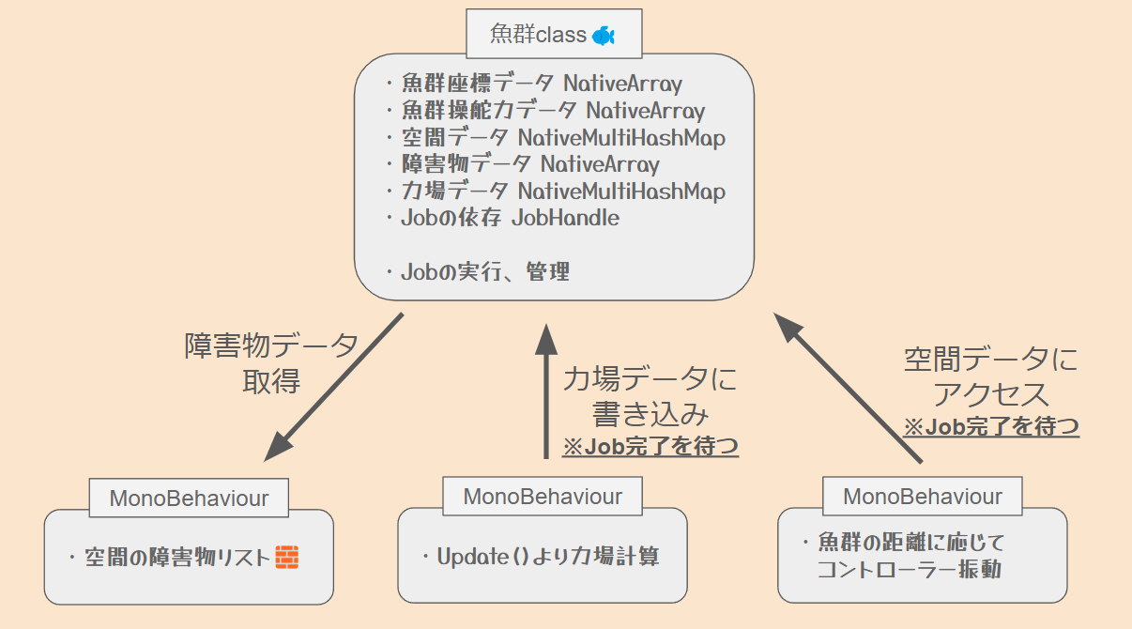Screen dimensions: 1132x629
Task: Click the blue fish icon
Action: pyautogui.click(x=603, y=36)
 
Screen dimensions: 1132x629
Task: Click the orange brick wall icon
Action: pyautogui.click(x=287, y=558)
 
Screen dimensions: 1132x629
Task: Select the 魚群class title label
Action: pyautogui.click(x=538, y=35)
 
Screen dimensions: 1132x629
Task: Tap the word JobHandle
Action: pyautogui.click(x=565, y=218)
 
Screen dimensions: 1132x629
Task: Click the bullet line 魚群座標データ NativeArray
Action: pyautogui.click(x=534, y=84)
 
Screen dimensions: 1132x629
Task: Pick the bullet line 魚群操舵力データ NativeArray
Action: pyautogui.click(x=545, y=110)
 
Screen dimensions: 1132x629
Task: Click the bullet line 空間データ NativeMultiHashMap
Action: pyautogui.click(x=556, y=137)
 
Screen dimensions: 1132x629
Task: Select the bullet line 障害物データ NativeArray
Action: pyautogui.click(x=523, y=164)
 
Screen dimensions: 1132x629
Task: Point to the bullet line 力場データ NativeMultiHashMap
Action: pyautogui.click(x=556, y=192)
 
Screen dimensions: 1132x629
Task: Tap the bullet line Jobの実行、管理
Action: pyautogui.click(x=478, y=272)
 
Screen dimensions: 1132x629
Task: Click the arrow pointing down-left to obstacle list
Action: pyautogui.click(x=333, y=388)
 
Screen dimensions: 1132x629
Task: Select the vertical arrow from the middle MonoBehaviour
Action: pyautogui.click(x=546, y=391)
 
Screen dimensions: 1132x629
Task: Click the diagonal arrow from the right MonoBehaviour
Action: pyautogui.click(x=848, y=388)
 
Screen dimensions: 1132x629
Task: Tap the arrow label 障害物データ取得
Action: pyautogui.click(x=271, y=363)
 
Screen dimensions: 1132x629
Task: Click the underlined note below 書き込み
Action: pyautogui.click(x=650, y=446)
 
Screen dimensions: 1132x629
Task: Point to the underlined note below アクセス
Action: pyautogui.click(x=991, y=426)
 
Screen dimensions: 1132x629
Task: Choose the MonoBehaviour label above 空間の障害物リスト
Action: pyautogui.click(x=189, y=499)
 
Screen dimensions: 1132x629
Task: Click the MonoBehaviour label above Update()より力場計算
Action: pyautogui.click(x=543, y=497)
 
